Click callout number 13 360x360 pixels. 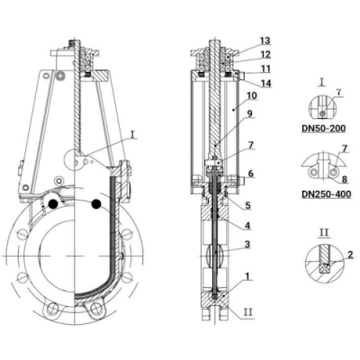pos(265,40)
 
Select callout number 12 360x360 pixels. pos(265,54)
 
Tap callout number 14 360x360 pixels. pos(265,83)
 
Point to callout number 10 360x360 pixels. pos(252,95)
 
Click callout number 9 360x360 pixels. pos(249,113)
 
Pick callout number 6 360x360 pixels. pos(251,173)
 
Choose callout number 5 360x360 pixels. pos(247,205)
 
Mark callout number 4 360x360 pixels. pos(247,225)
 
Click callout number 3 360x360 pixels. pos(247,244)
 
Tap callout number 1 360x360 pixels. pos(247,276)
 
